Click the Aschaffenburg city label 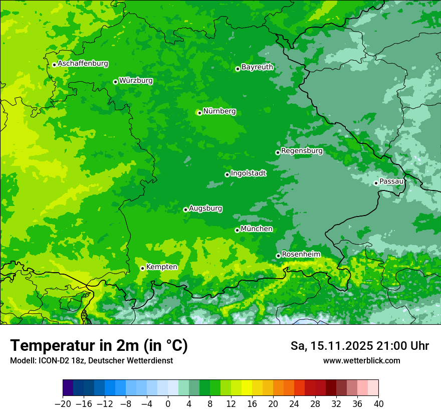click(83, 64)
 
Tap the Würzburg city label click(136, 81)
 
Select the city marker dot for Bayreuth click(238, 69)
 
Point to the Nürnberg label click(219, 111)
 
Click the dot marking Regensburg click(278, 152)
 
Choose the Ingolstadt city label click(248, 173)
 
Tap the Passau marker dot click(376, 183)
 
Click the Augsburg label click(205, 209)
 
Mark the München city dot click(237, 230)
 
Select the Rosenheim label click(301, 255)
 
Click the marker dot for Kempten click(142, 268)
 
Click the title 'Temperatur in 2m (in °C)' click(99, 346)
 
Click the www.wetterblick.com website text click(361, 361)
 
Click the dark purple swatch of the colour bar click(68, 388)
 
